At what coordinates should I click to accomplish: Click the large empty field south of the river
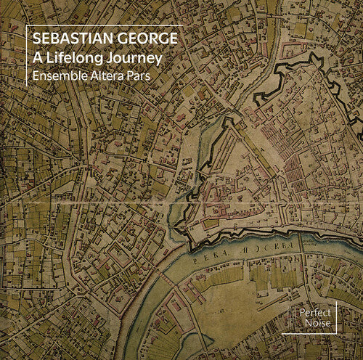[x=240, y=319]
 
